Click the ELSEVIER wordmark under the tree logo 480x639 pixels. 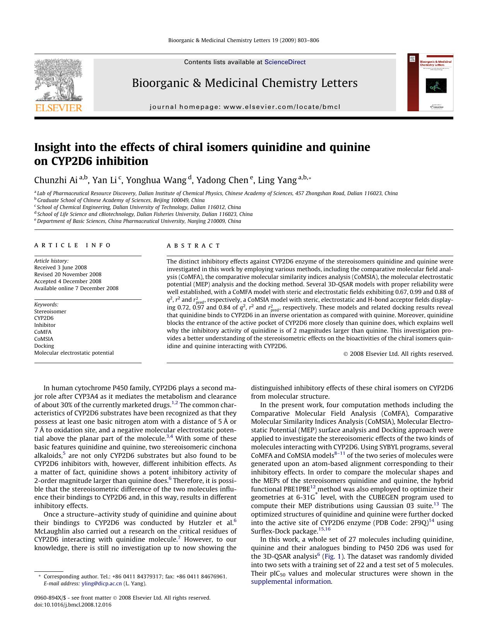pyautogui.click(x=59, y=108)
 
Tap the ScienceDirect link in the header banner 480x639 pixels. pyautogui.click(x=285, y=62)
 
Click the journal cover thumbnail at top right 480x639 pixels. pyautogui.click(x=430, y=82)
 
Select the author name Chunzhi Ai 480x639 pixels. pyautogui.click(x=56, y=180)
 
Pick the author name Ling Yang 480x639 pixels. pyautogui.click(x=277, y=180)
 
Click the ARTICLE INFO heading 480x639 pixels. pyautogui.click(x=72, y=245)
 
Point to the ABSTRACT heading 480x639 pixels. pyautogui.click(x=193, y=246)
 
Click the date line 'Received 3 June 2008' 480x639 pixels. pyautogui.click(x=60, y=267)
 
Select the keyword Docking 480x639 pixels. pyautogui.click(x=44, y=346)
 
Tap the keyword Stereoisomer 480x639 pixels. pyautogui.click(x=50, y=311)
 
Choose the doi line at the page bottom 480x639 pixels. pyautogui.click(x=73, y=605)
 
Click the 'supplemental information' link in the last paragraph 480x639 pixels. pyautogui.click(x=291, y=581)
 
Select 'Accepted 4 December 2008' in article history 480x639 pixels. pyautogui.click(x=68, y=281)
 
